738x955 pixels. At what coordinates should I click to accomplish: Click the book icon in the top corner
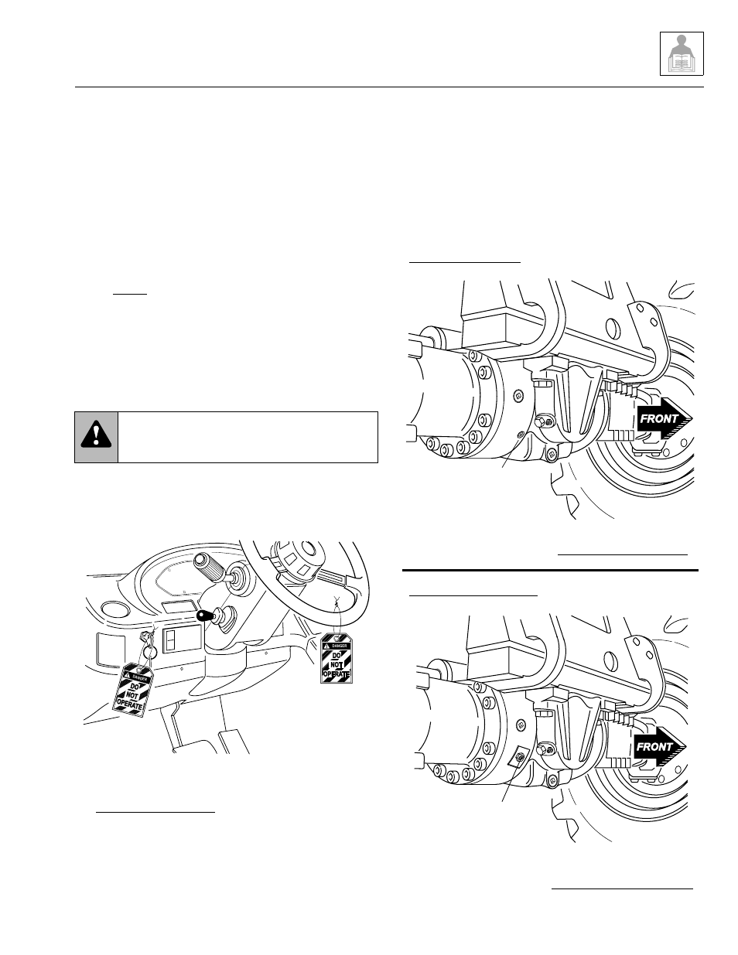point(681,53)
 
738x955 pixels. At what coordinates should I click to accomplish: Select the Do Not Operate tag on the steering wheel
point(337,657)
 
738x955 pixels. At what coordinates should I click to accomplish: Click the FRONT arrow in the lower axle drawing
point(659,746)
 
